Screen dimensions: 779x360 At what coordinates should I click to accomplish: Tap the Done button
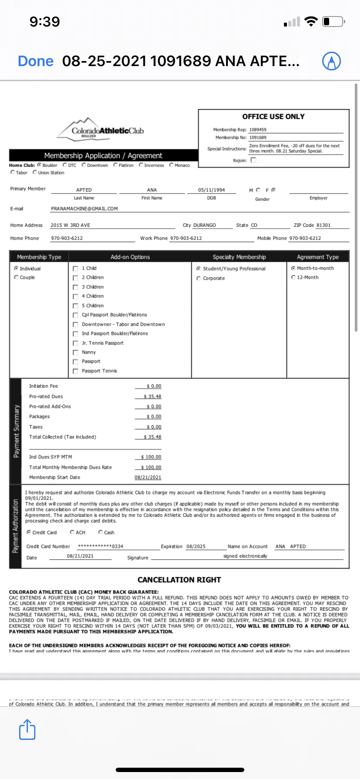36,61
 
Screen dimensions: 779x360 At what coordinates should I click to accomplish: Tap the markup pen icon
331,61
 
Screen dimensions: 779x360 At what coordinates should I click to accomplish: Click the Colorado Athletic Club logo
101,128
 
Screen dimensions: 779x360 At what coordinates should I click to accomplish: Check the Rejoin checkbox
253,160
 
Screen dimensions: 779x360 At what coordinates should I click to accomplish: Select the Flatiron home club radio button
116,165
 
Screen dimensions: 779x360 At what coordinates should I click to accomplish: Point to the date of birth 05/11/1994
211,190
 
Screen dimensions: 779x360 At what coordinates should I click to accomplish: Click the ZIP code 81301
323,225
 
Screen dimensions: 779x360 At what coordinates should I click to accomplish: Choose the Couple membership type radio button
17,277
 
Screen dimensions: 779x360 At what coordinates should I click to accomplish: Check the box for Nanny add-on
76,353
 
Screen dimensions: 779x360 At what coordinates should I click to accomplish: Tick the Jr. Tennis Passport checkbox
76,343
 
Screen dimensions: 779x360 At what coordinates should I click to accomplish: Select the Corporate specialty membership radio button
198,278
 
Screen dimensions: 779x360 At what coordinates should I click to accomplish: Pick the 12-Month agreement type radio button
293,277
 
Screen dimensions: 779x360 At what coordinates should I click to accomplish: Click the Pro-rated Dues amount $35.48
153,396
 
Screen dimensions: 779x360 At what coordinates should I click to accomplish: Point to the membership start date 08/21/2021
148,477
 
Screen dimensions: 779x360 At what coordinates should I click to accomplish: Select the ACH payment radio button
72,532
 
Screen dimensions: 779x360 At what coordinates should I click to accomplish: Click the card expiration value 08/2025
196,546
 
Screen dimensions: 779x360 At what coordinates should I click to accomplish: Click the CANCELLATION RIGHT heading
179,580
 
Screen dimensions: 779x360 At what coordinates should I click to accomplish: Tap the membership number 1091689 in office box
258,137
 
